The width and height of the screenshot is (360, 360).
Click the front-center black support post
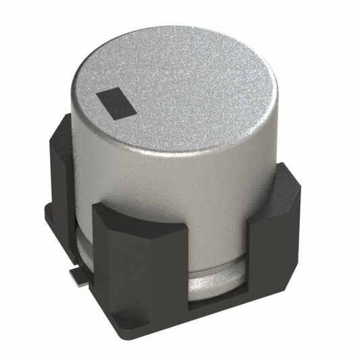click(138, 270)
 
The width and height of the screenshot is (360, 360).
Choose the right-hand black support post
click(274, 250)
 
